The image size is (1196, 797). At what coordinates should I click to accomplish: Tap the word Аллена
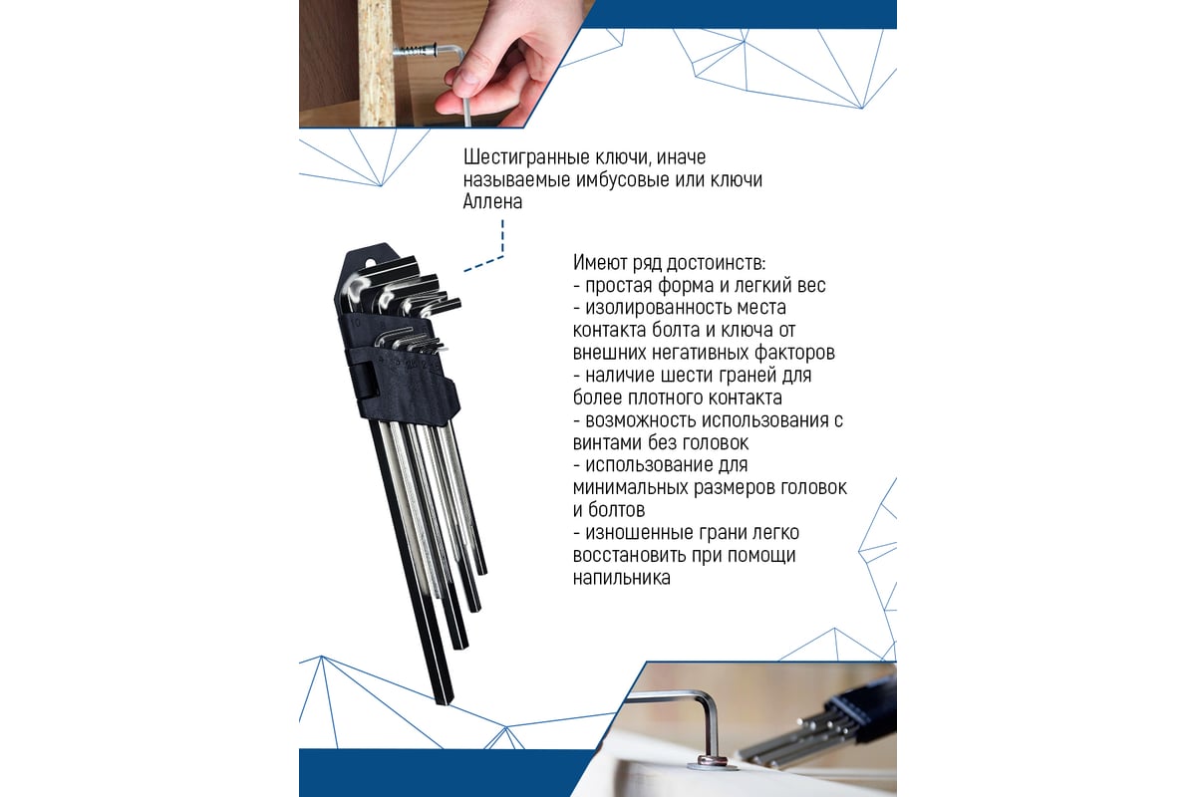492,202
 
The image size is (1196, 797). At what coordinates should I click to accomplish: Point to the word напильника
622,578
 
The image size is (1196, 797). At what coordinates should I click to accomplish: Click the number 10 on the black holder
356,323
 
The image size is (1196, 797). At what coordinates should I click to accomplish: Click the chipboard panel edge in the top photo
378,63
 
